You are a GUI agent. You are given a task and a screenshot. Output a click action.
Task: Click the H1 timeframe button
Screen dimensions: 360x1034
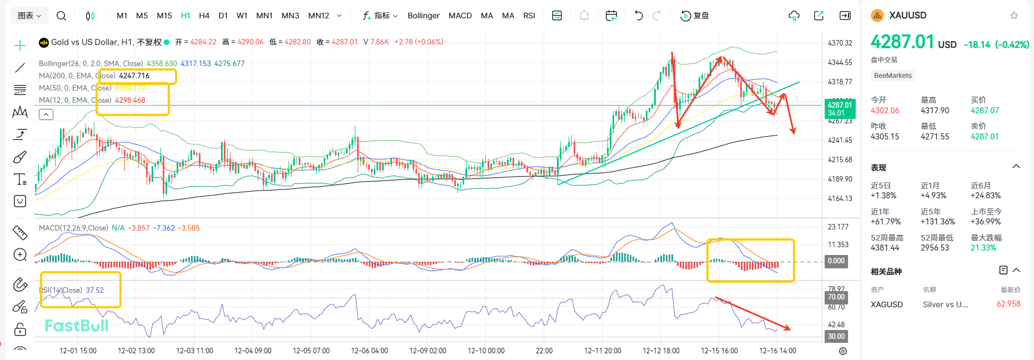point(185,16)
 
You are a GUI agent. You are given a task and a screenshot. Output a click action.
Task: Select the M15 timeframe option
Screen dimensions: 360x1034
point(164,16)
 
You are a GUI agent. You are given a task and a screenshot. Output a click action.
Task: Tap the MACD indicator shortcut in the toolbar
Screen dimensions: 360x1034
point(460,16)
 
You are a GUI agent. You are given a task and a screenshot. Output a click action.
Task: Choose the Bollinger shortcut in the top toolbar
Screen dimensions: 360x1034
point(423,16)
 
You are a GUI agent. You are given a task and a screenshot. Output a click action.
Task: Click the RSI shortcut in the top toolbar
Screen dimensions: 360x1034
point(529,16)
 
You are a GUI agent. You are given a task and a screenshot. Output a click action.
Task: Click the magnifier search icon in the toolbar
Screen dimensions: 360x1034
point(62,16)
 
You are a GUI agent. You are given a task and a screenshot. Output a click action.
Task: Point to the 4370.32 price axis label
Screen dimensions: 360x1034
point(840,43)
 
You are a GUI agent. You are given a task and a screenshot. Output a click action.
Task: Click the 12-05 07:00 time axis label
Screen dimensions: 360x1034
point(311,351)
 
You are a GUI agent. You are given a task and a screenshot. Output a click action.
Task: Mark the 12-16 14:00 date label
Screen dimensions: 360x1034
point(777,351)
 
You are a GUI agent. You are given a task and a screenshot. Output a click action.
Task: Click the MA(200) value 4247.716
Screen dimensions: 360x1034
point(134,76)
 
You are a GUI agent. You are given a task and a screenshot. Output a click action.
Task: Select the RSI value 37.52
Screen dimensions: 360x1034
point(95,290)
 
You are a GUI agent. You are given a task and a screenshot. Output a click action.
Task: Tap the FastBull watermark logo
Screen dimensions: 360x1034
point(77,326)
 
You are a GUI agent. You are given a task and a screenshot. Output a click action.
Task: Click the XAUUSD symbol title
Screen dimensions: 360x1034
point(907,16)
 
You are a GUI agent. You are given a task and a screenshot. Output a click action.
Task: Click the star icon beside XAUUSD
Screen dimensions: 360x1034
point(1014,16)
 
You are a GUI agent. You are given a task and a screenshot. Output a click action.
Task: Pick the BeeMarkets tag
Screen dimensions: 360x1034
point(892,76)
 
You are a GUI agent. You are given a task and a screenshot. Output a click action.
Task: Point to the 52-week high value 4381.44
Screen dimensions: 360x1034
point(885,248)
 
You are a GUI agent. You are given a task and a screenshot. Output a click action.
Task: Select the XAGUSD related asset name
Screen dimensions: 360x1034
point(886,304)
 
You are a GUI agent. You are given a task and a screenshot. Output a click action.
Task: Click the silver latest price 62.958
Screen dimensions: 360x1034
point(1008,304)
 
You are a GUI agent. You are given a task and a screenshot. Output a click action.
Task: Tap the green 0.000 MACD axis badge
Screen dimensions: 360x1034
point(836,261)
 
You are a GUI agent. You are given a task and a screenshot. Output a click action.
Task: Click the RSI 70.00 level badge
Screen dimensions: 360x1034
point(836,297)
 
